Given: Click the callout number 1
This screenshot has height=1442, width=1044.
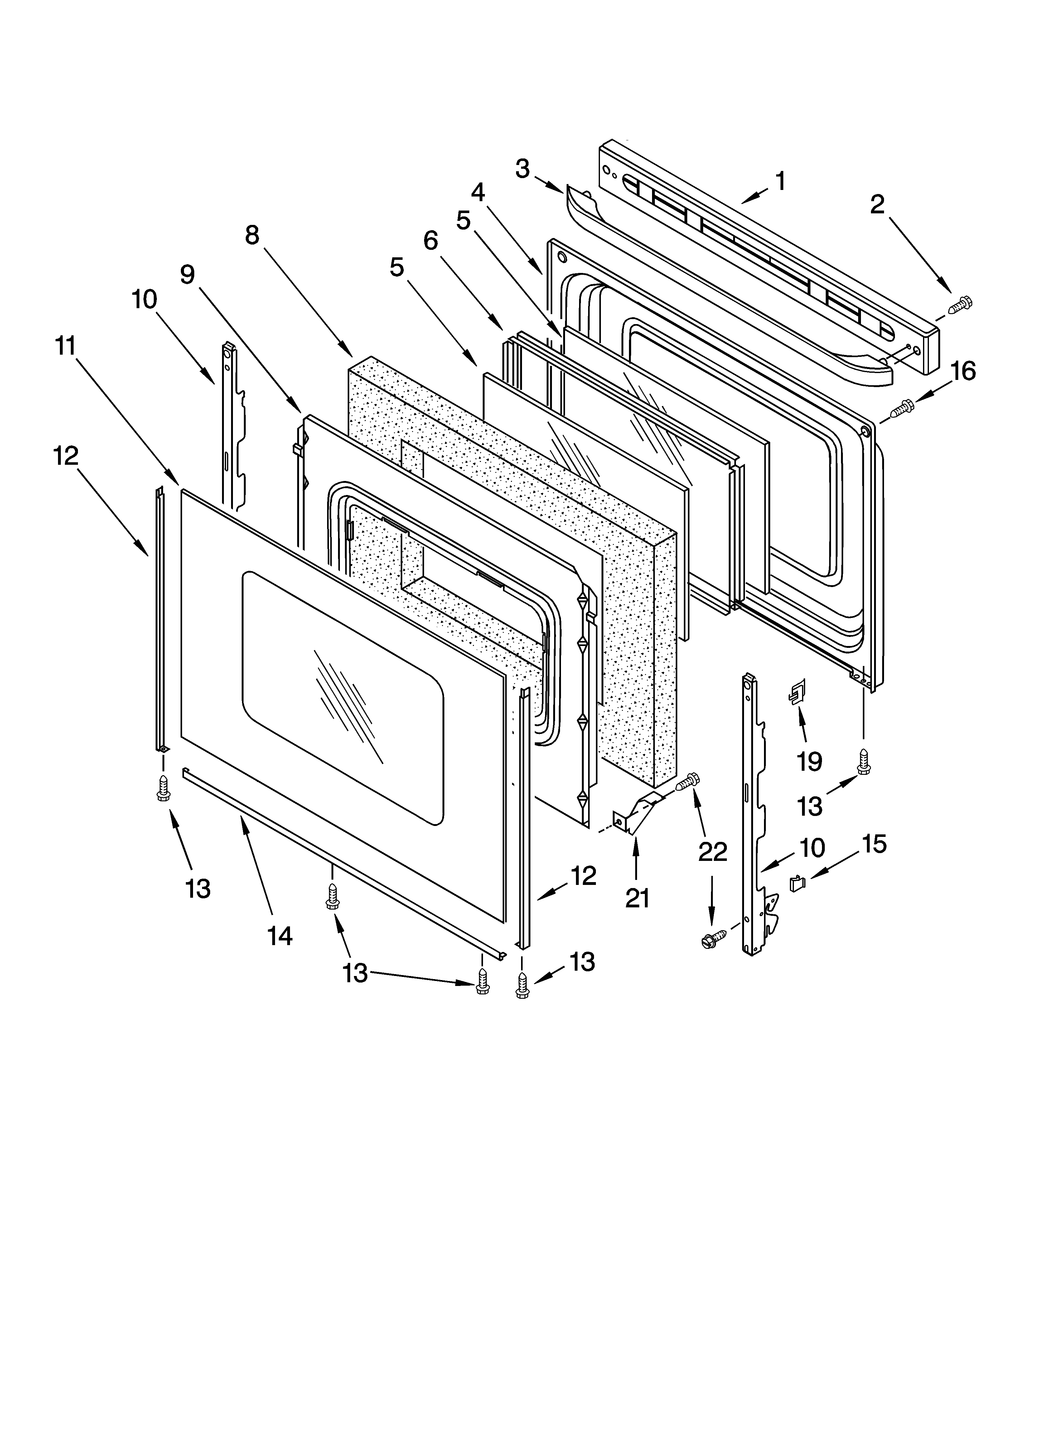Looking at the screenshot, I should [780, 182].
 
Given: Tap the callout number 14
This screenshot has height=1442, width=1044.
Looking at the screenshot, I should [280, 935].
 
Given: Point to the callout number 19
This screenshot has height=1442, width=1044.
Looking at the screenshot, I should [810, 761].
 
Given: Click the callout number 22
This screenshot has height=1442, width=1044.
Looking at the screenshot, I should [712, 852].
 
